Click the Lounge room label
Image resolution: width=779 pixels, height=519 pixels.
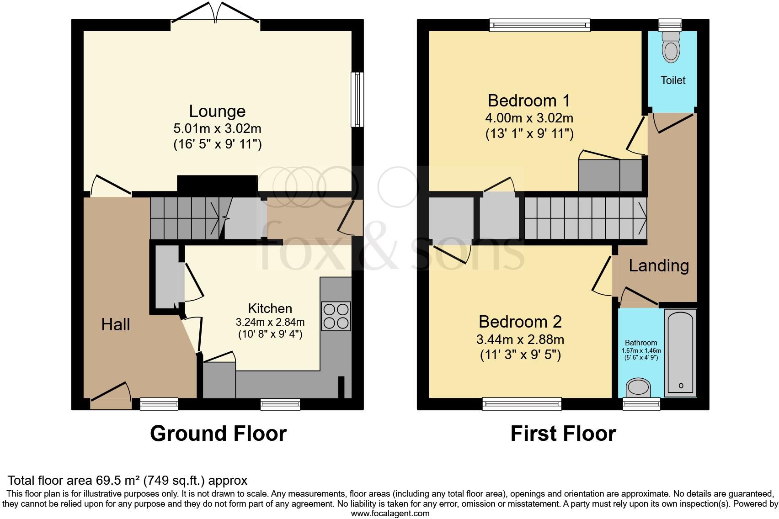point(217,111)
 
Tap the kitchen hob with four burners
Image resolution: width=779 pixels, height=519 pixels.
point(336,316)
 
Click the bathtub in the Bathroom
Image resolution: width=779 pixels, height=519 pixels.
point(681,352)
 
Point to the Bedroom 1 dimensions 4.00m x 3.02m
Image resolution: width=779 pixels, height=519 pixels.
point(529,118)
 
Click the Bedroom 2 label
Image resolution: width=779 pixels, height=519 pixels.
point(520,322)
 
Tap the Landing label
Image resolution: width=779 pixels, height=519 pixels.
point(658,265)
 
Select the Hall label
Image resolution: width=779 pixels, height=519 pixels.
point(116,325)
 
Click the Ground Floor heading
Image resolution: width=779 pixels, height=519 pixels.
point(218,433)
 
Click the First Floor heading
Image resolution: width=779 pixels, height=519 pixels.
point(563,433)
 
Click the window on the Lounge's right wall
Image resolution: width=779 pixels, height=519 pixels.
point(357,99)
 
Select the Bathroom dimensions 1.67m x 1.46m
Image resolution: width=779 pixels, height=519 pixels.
point(641,351)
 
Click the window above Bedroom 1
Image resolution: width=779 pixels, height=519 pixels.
point(539,25)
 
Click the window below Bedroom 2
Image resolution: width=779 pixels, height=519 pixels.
point(522,403)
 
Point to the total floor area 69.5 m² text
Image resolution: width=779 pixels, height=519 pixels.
point(128,480)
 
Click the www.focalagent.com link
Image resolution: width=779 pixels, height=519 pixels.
point(390,513)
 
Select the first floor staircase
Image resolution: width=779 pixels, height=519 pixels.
point(585,218)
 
